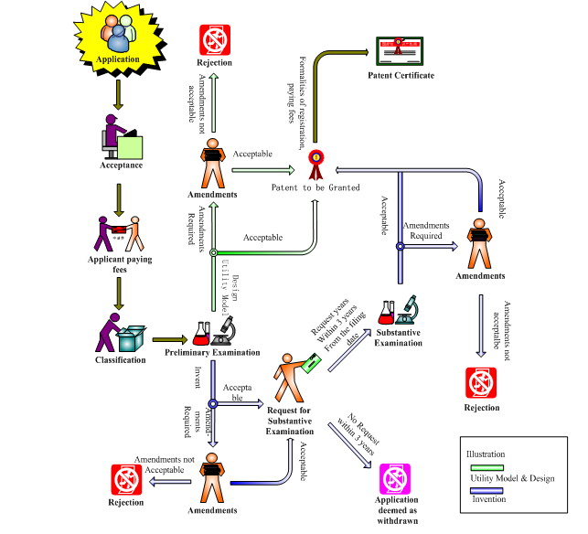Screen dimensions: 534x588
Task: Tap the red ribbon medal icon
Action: click(x=316, y=163)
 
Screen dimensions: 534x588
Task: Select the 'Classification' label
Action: click(x=121, y=360)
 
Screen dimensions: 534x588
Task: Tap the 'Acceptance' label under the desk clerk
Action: click(x=121, y=166)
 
